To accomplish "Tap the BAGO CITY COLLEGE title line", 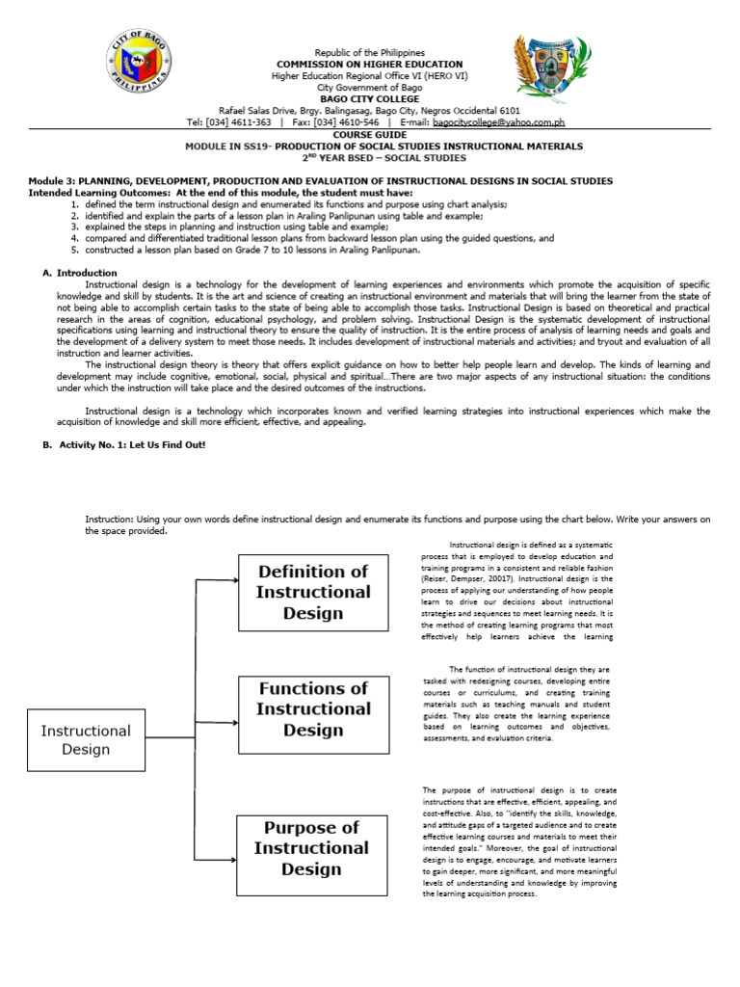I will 370,99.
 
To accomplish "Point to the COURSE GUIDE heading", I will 370,135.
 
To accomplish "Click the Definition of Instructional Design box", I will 312,592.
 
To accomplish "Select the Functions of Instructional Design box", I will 312,708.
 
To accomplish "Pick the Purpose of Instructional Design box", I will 310,848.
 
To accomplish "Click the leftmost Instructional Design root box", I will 86,739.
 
